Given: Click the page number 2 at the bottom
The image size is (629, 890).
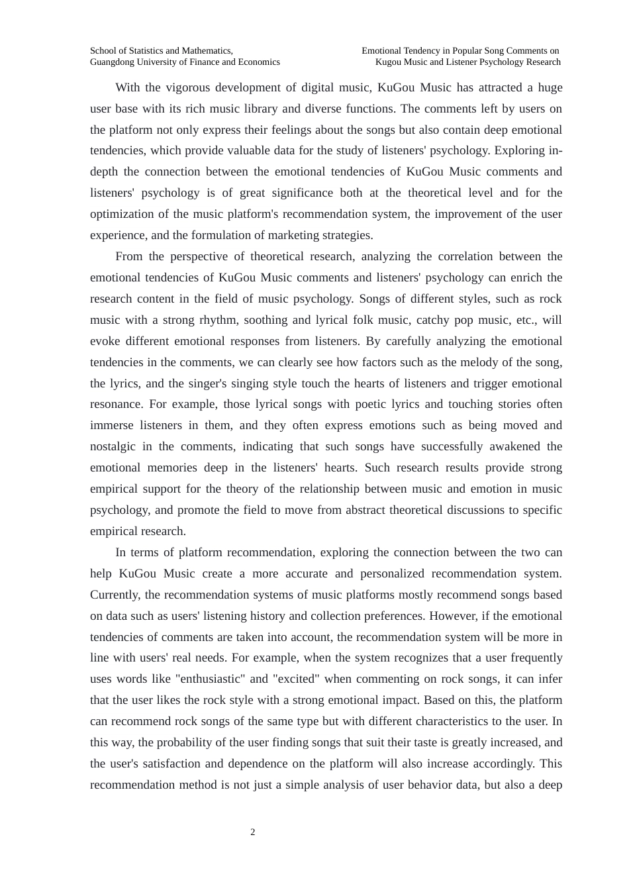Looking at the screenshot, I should tap(252, 832).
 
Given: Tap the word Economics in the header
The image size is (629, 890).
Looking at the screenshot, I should tap(259, 62).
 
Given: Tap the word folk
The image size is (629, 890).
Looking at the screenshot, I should tap(363, 320).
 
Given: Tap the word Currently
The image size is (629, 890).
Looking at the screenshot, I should tap(114, 595).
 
